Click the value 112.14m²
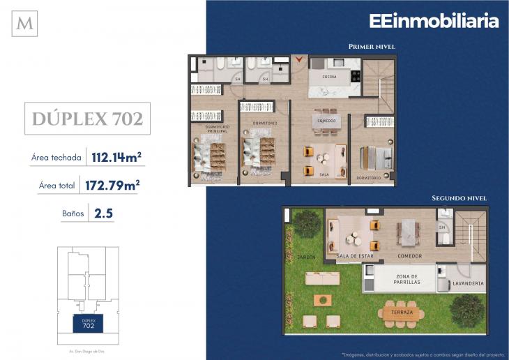116,157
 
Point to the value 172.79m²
115,185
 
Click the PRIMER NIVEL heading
372,47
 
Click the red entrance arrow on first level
300,60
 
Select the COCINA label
331,75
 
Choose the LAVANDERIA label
467,285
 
